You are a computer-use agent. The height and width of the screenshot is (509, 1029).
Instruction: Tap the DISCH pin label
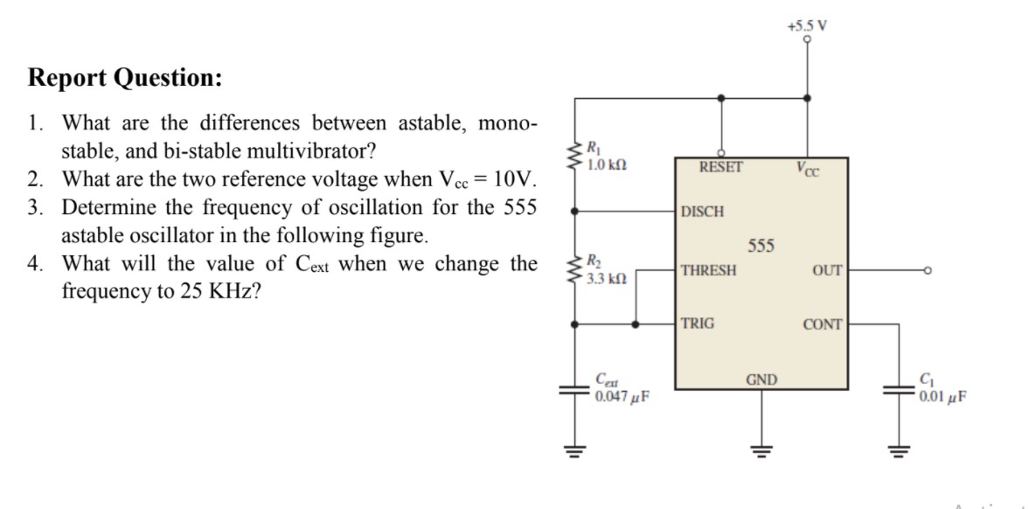pyautogui.click(x=703, y=212)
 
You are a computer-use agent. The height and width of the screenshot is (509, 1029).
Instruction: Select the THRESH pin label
pyautogui.click(x=709, y=270)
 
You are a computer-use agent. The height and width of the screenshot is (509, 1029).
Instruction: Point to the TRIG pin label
pyautogui.click(x=698, y=324)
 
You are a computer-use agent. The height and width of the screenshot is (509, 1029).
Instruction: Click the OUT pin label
pyautogui.click(x=826, y=270)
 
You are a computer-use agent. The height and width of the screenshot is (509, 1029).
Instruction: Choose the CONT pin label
pyautogui.click(x=823, y=324)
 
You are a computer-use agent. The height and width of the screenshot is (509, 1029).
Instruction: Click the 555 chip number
pyautogui.click(x=761, y=247)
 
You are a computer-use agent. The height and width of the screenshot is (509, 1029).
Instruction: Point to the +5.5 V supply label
pyautogui.click(x=808, y=27)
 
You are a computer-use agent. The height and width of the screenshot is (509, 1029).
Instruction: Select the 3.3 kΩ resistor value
pyautogui.click(x=607, y=278)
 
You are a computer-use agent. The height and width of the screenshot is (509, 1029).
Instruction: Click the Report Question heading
pyautogui.click(x=125, y=78)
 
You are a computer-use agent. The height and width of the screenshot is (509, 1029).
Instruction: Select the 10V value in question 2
pyautogui.click(x=513, y=179)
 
